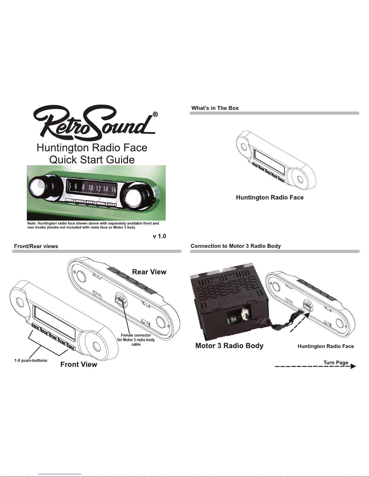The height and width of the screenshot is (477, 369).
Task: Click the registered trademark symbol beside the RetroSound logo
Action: [x=155, y=114]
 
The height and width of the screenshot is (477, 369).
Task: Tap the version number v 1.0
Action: [x=159, y=236]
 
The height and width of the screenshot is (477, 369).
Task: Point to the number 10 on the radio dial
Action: [x=90, y=188]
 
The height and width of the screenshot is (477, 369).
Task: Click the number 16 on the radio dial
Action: [x=114, y=190]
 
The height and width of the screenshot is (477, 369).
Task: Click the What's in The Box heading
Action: [x=215, y=108]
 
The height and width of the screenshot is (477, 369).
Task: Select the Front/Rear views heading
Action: [x=36, y=246]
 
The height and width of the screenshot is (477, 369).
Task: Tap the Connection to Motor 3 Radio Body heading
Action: [x=236, y=246]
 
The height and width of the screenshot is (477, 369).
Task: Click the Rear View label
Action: [x=149, y=272]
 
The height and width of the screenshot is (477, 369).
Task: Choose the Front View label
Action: [x=79, y=364]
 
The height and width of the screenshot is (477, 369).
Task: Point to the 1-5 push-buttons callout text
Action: [x=31, y=360]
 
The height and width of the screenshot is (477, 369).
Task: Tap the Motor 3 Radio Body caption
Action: [x=229, y=345]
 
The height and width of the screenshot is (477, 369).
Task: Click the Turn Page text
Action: [x=336, y=362]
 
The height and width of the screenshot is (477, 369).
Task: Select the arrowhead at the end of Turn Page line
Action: [x=353, y=366]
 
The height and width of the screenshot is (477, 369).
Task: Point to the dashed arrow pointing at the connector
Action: [x=300, y=322]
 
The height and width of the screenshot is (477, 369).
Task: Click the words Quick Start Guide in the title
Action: [x=92, y=160]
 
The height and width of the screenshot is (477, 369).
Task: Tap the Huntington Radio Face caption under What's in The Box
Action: [x=270, y=197]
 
